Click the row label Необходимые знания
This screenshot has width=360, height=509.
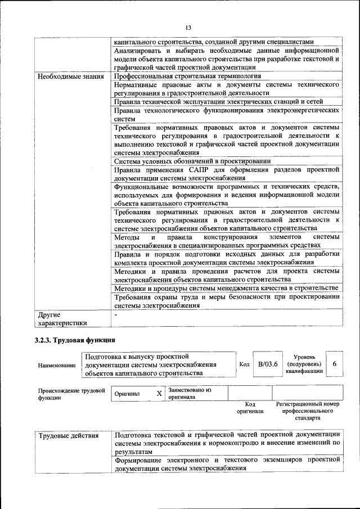[71, 76]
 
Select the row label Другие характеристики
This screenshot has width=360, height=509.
[62, 319]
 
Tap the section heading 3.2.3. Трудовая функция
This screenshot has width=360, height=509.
[75, 340]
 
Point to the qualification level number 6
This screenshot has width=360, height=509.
[335, 364]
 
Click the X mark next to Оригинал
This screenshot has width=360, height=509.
[159, 394]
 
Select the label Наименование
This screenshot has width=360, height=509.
[57, 366]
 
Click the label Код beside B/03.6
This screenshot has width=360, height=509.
[245, 364]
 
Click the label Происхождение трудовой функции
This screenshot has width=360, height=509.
[71, 394]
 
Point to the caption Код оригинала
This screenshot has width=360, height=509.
[250, 408]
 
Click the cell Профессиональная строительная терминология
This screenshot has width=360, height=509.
[187, 76]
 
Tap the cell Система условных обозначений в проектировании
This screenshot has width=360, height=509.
[192, 161]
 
